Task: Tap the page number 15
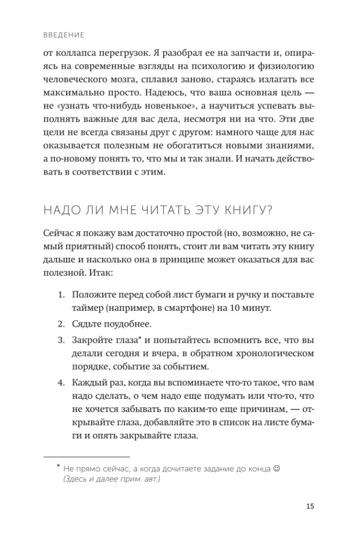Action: (x=311, y=506)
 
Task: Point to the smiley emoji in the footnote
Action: (x=276, y=468)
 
